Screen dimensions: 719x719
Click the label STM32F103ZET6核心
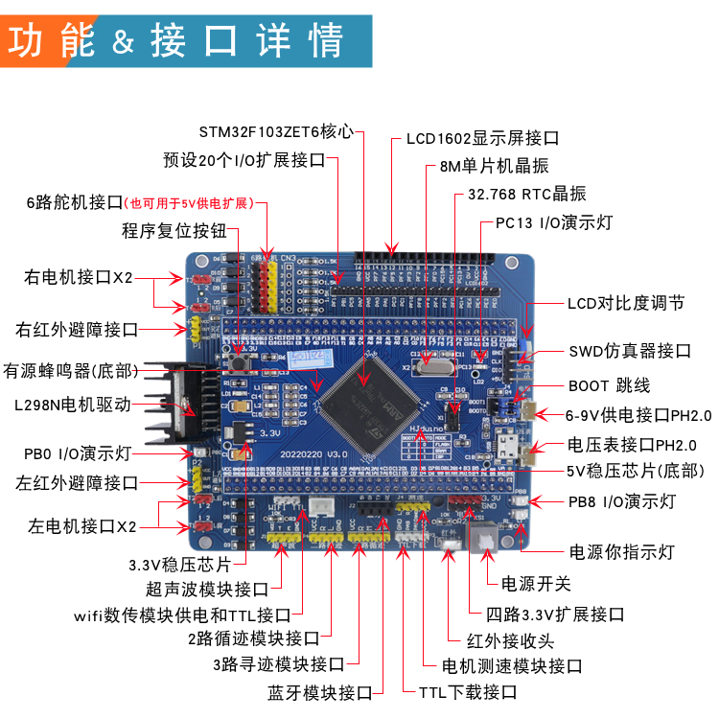tap(276, 130)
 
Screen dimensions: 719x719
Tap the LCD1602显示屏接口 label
tap(482, 138)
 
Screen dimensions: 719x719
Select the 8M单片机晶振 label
tap(494, 166)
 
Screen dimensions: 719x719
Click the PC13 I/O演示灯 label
tap(553, 222)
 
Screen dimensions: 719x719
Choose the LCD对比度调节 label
tap(625, 303)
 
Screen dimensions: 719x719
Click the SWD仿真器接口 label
tap(629, 351)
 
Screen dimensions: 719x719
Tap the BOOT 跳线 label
tap(609, 385)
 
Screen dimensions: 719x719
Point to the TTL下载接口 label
tap(468, 691)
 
